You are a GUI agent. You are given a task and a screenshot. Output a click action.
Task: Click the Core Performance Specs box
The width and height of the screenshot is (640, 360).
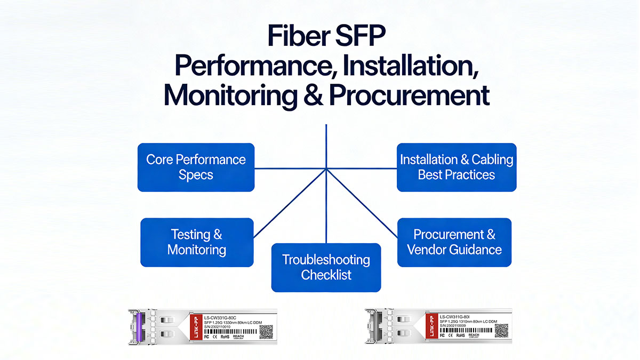[x=196, y=167]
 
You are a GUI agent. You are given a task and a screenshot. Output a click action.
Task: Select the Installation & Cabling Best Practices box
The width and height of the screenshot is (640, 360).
[x=457, y=167]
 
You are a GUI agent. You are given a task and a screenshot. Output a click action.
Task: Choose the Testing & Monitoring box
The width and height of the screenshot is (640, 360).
[x=197, y=242]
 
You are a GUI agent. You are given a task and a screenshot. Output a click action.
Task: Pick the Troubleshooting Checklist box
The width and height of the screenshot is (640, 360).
[x=326, y=267]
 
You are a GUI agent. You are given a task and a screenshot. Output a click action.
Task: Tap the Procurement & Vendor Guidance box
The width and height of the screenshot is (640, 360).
[x=454, y=242]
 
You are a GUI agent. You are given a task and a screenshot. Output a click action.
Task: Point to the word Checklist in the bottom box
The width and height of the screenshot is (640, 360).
[x=326, y=275]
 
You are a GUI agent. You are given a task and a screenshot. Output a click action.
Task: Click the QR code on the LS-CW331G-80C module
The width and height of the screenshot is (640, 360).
[x=266, y=331]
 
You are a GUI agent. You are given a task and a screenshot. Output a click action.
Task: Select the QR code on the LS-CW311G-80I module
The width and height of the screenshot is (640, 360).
[x=501, y=331]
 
